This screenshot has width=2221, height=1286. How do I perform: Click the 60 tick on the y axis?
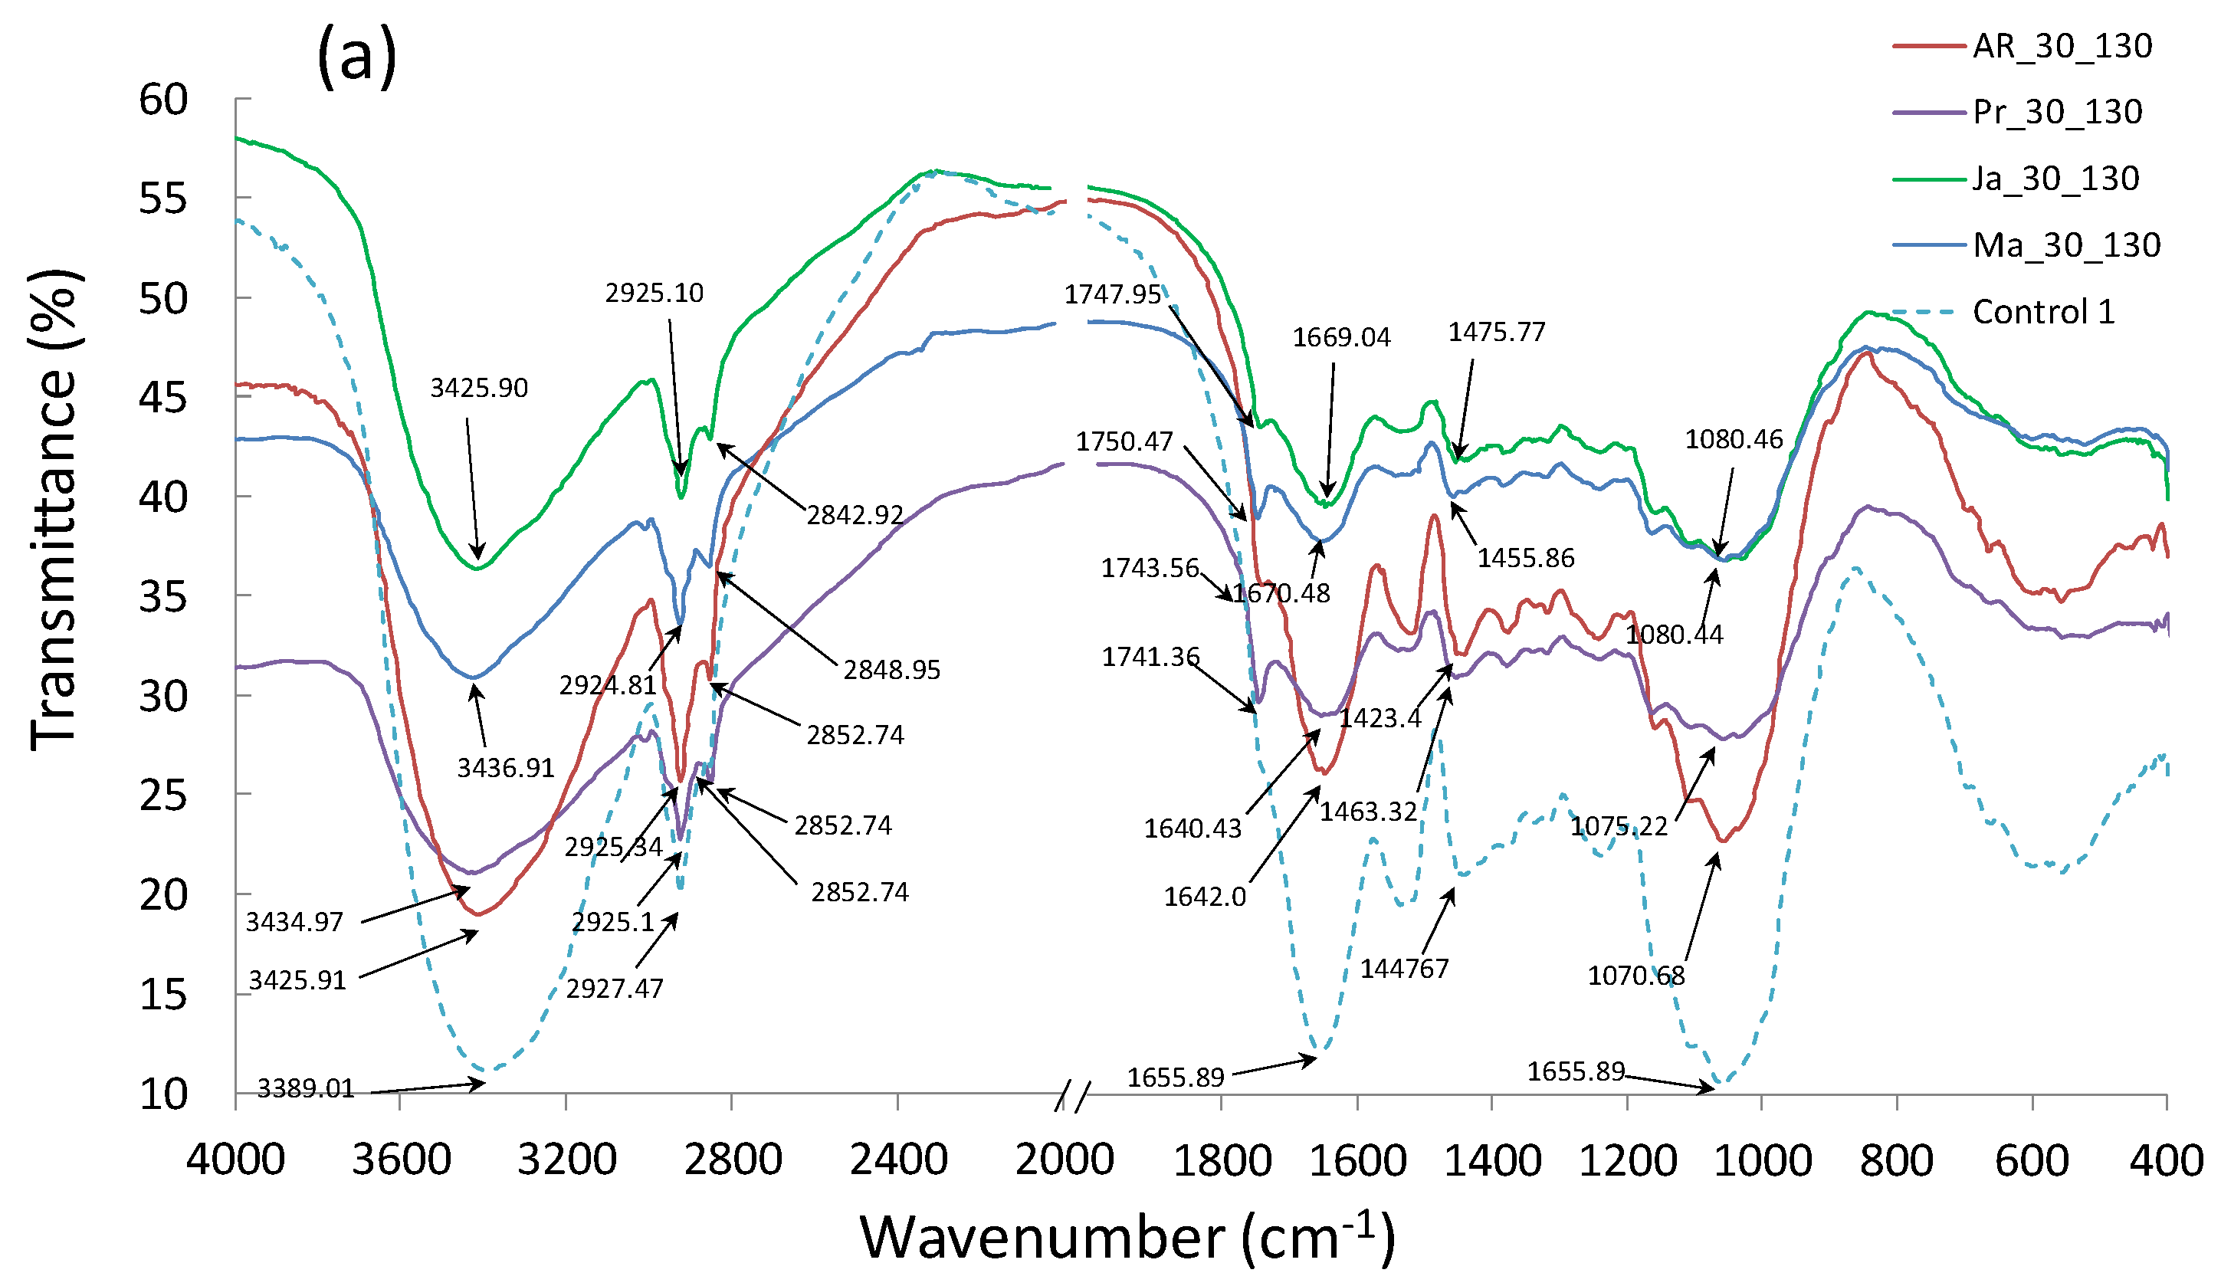(164, 100)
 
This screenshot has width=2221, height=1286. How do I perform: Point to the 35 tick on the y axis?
(164, 598)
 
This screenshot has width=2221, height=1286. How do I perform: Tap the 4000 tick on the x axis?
(235, 1159)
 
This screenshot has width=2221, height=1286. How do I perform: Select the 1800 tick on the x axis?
(1222, 1159)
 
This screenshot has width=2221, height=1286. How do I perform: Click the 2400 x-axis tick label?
(898, 1159)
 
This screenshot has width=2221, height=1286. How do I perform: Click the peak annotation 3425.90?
(478, 388)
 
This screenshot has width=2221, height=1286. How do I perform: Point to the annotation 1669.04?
(1340, 337)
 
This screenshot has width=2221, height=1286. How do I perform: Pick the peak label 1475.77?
(1497, 333)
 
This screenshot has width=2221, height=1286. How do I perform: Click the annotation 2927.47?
(615, 989)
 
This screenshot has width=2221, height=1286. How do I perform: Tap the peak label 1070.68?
(1635, 976)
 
